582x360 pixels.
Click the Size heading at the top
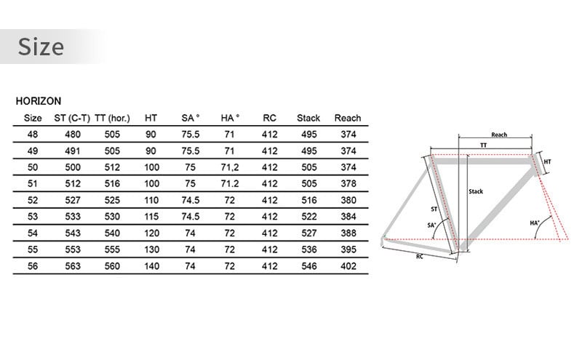[x=41, y=47]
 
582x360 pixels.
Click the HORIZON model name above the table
[x=39, y=101]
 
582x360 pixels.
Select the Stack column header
[x=308, y=118]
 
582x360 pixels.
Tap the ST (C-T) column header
[x=72, y=118]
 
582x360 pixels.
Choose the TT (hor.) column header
[x=112, y=118]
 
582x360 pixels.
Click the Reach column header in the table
[x=348, y=118]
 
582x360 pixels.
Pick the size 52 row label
[x=33, y=200]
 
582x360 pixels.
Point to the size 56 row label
[x=33, y=266]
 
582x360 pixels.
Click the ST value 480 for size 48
[x=73, y=135]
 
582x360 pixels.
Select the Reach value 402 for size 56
[x=348, y=266]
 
